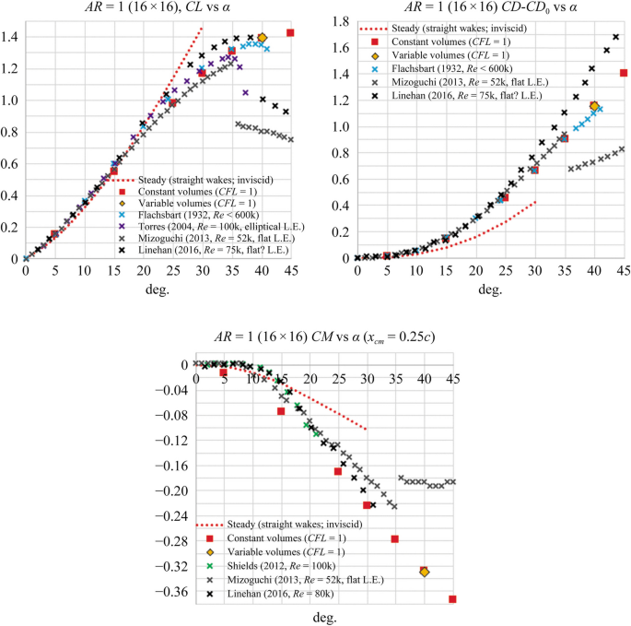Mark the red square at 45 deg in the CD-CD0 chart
pyautogui.click(x=624, y=73)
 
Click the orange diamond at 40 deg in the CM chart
pyautogui.click(x=424, y=572)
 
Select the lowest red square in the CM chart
pyautogui.click(x=452, y=599)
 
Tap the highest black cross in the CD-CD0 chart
pyautogui.click(x=615, y=37)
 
